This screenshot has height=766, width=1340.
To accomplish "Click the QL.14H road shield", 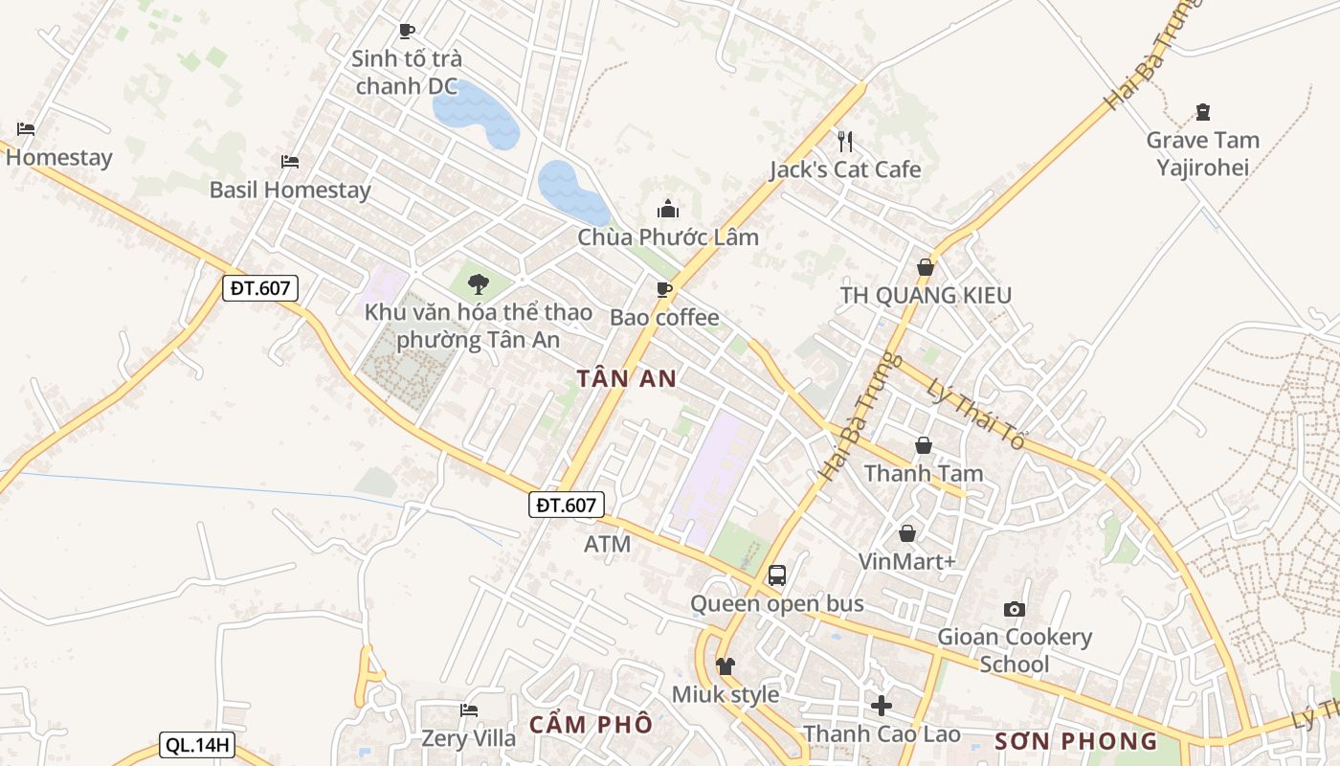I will coord(197,746).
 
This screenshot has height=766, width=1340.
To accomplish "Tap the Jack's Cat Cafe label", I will coord(845,169).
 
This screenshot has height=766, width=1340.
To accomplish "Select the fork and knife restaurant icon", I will coord(844,142).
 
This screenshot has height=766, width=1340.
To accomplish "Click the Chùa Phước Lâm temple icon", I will coord(668,208).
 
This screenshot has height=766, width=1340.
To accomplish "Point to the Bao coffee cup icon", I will coord(664,289).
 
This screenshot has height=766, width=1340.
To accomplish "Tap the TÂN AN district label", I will coord(628,378).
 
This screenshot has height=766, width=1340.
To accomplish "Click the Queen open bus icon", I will coord(777,575).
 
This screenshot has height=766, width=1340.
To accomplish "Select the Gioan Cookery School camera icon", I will coord(1014,609).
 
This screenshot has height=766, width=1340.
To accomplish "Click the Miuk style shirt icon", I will coord(726,665).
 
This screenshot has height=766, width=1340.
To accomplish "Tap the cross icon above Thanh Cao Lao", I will coord(882,706).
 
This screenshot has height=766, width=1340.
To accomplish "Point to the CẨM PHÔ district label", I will coord(590,724).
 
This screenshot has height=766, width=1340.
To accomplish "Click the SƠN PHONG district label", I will coord(1076,741).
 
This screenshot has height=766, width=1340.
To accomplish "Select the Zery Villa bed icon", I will coord(469,710).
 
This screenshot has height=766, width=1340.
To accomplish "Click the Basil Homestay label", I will coord(290,190).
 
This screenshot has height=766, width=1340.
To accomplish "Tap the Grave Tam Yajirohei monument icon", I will coord(1203,112).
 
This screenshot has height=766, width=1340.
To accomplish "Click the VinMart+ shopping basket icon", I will coord(906,533).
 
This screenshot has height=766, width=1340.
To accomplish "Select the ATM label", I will coord(608,544).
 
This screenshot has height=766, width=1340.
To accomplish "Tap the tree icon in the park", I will coord(479,283).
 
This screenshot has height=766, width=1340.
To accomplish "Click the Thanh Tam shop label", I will coord(924,473).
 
